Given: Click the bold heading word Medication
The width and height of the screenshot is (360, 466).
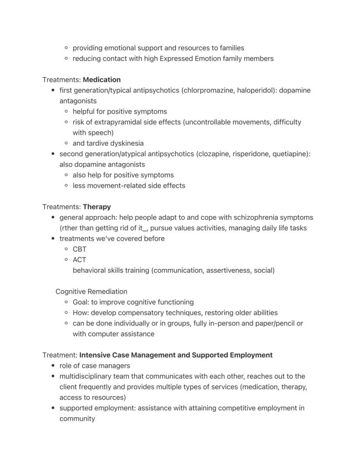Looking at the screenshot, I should tap(102, 80).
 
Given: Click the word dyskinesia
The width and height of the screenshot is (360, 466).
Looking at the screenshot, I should tap(125, 143).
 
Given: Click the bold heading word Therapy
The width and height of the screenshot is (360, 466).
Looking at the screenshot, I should tap(97, 207).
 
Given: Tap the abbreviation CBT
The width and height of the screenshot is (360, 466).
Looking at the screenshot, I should tap(80, 249).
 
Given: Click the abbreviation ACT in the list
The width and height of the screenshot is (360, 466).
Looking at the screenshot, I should tap(80, 260).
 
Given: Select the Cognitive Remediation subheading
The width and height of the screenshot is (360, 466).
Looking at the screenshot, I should tap(91, 292).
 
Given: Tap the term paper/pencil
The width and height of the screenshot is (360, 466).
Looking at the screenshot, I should tap(272, 323).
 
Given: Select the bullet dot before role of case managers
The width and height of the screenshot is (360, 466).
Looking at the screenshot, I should tap(53, 366).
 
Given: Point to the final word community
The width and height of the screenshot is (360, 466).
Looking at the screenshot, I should tap(77, 419).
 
